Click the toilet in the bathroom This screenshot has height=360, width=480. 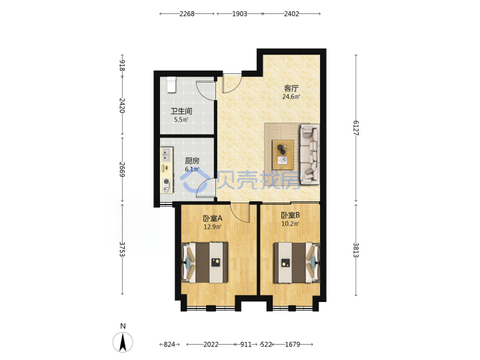tap(172, 85)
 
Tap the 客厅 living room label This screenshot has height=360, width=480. tap(291, 89)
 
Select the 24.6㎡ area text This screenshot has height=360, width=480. tap(291, 97)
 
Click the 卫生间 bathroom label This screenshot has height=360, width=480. tap(181, 111)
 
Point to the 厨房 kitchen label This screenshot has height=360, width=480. tap(192, 161)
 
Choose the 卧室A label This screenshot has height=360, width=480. tap(213, 218)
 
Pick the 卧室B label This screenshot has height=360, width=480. tap(290, 215)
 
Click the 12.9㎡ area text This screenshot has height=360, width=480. tap(213, 227)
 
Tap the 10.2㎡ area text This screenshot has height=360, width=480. tap(290, 224)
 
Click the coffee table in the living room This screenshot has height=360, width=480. tap(283, 155)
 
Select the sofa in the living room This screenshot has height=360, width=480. tap(310, 154)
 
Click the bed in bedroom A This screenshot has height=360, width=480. tap(205, 263)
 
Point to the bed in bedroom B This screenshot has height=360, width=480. tap(296, 263)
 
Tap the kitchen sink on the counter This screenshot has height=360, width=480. tap(166, 154)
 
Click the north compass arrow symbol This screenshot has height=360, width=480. tap(123, 342)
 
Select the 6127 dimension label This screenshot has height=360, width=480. tap(356, 127)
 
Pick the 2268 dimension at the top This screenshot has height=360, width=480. tap(187, 14)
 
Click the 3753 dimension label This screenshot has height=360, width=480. tap(122, 249)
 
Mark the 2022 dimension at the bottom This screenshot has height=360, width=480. tap(211, 345)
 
